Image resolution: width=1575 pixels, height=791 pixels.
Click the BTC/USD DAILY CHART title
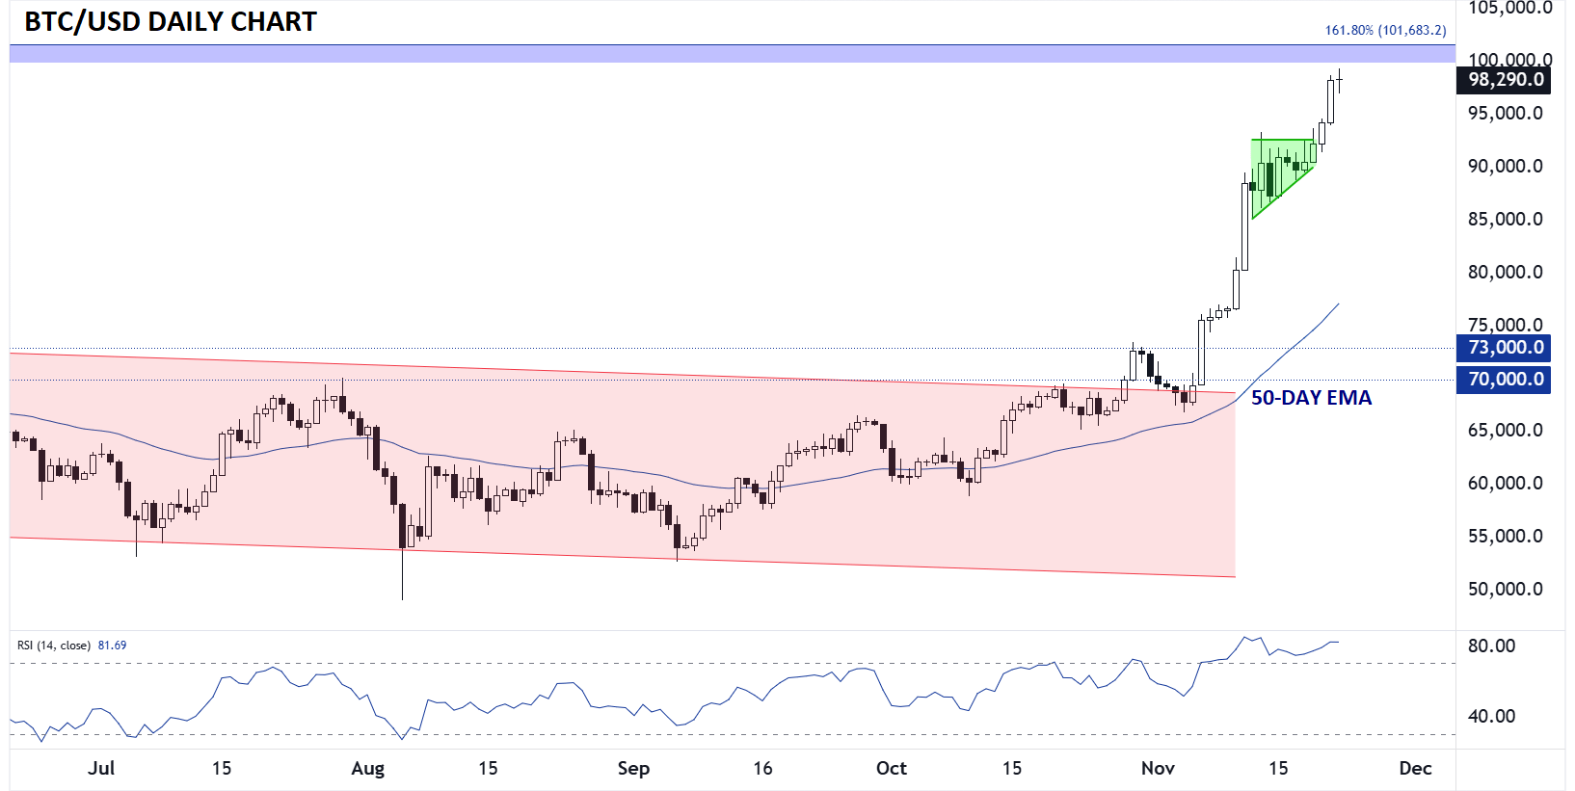[x=171, y=22]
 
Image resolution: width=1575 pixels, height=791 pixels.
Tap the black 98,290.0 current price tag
[x=1504, y=80]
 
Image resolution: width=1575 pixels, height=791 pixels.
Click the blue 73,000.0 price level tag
[x=1504, y=348]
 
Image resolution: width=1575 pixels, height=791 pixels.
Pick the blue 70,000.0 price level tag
[x=1504, y=380]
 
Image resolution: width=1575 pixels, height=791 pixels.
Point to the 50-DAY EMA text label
[x=1311, y=398]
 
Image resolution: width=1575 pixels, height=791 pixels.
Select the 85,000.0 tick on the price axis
[x=1505, y=220]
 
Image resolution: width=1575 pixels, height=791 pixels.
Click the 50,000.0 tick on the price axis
[x=1505, y=590]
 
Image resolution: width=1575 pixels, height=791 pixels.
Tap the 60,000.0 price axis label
[x=1505, y=484]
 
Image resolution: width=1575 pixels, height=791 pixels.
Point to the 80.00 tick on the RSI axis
[x=1491, y=646]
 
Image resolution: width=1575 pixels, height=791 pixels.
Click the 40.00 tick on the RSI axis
[x=1491, y=717]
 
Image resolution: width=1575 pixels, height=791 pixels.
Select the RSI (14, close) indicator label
[x=54, y=646]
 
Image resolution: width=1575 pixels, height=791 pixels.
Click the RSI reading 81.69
[x=113, y=646]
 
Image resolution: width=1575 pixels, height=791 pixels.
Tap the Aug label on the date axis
[x=367, y=769]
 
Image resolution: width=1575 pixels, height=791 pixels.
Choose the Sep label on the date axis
[x=633, y=769]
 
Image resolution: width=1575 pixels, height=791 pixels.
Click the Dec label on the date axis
[x=1415, y=769]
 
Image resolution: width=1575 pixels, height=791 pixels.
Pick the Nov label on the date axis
[x=1158, y=769]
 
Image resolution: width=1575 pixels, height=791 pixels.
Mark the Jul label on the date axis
[x=101, y=769]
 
